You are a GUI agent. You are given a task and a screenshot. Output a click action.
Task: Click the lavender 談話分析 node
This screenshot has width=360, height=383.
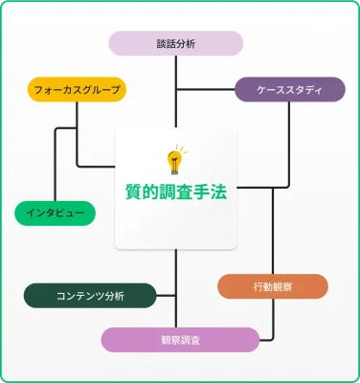(x=175, y=43)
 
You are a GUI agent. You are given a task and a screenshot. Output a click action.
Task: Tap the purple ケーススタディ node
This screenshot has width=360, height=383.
(x=290, y=91)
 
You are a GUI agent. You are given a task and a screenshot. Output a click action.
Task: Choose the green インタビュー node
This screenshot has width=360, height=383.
(x=56, y=213)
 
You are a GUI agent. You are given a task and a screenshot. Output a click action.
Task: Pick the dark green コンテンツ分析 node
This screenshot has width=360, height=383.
(x=90, y=295)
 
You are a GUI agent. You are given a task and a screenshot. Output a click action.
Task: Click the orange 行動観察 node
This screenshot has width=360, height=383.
(x=273, y=286)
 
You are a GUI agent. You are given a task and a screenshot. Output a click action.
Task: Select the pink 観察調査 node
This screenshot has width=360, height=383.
(x=181, y=340)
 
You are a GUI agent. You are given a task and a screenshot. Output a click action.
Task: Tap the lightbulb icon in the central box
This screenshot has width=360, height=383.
(x=175, y=159)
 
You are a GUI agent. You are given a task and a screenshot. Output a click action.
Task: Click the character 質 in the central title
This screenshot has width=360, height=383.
(x=134, y=191)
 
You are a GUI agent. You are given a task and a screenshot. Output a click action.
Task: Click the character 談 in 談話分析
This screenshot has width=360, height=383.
(x=162, y=43)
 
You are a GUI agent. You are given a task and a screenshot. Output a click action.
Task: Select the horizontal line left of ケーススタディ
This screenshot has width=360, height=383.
(x=206, y=91)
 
